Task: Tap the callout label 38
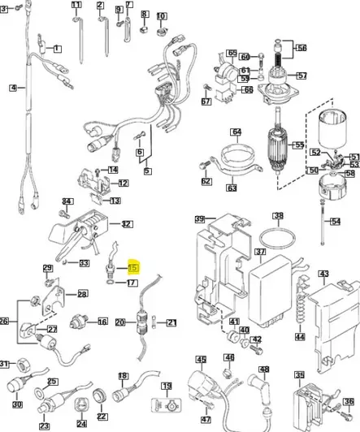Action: coord(278,216)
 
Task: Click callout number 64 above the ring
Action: coord(236,132)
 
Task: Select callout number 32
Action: coord(126,223)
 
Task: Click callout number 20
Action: coord(119,322)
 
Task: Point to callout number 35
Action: coord(299,375)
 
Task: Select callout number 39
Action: coord(199,220)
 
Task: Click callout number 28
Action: coord(82,294)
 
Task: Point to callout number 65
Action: coord(232,53)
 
